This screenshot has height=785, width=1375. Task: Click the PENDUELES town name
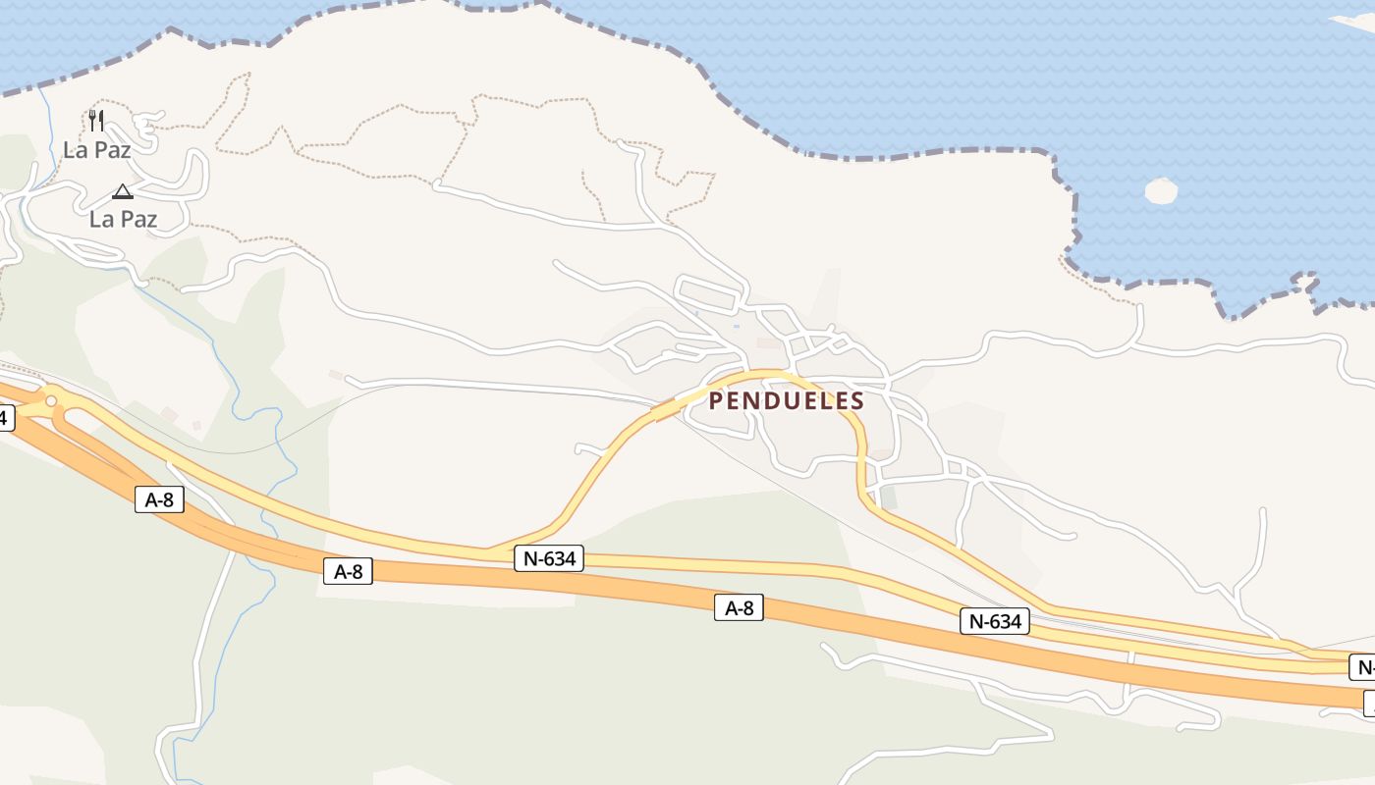[x=786, y=400]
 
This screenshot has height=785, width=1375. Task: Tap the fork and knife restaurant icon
[x=96, y=121]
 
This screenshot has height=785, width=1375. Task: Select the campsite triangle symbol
[x=122, y=190]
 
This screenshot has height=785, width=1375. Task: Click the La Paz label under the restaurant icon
[x=96, y=150]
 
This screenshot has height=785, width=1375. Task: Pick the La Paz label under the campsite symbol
[x=123, y=219]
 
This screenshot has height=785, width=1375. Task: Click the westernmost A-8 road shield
[x=159, y=499]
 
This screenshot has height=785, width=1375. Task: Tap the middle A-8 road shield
[x=348, y=571]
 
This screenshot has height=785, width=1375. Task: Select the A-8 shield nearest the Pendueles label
[x=739, y=608]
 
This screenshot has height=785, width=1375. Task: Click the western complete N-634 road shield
[x=549, y=559]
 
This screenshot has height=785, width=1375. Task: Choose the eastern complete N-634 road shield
[x=994, y=621]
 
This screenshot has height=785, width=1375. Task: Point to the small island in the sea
[x=1161, y=190]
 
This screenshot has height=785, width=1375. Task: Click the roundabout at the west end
[x=51, y=400]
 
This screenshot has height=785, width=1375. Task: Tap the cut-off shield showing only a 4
[x=5, y=418]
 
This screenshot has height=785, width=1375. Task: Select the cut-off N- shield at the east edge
[x=1362, y=667]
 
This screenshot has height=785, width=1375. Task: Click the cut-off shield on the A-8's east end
[x=1368, y=703]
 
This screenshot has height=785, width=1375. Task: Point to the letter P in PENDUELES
[x=716, y=400]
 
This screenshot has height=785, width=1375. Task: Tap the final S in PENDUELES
[x=857, y=400]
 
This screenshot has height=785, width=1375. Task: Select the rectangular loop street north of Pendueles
[x=709, y=294]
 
